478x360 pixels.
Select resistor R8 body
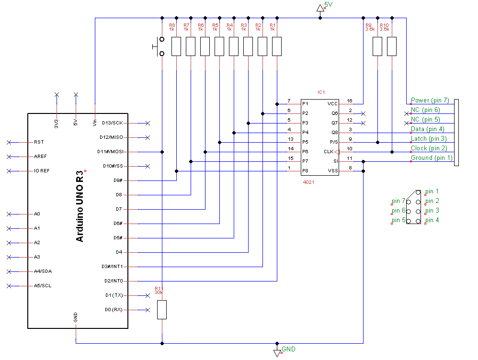click(176, 46)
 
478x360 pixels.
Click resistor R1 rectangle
click(277, 46)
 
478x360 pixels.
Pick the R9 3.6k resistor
click(377, 46)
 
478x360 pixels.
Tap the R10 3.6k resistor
click(392, 46)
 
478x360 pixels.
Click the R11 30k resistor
click(162, 310)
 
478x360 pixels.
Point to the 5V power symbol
click(320, 7)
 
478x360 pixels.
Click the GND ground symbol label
click(288, 349)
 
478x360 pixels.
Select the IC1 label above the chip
click(321, 92)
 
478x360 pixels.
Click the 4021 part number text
click(309, 182)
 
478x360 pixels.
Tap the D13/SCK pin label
click(112, 123)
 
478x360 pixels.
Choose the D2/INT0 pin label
click(113, 281)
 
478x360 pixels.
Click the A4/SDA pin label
click(44, 271)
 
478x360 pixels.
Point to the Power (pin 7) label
click(430, 101)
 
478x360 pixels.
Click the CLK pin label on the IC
click(328, 152)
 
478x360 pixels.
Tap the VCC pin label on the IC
click(332, 104)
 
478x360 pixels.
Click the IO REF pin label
click(42, 171)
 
